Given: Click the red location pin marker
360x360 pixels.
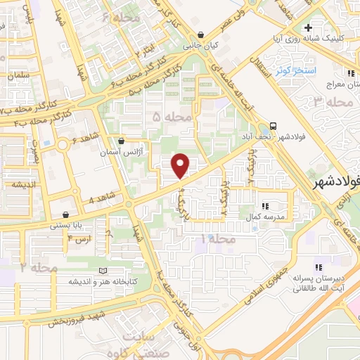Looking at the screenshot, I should (181, 165).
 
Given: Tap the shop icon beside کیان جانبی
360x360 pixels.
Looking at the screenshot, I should (201, 34).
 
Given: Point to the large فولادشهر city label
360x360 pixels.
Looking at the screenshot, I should (336, 181).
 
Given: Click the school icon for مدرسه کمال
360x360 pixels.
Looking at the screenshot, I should (265, 206).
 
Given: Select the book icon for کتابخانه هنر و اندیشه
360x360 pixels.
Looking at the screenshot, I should (104, 271).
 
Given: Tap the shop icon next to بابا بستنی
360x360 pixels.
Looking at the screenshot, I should (66, 214).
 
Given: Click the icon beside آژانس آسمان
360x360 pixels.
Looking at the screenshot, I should (122, 141).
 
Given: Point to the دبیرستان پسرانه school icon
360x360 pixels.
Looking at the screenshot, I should (319, 267).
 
